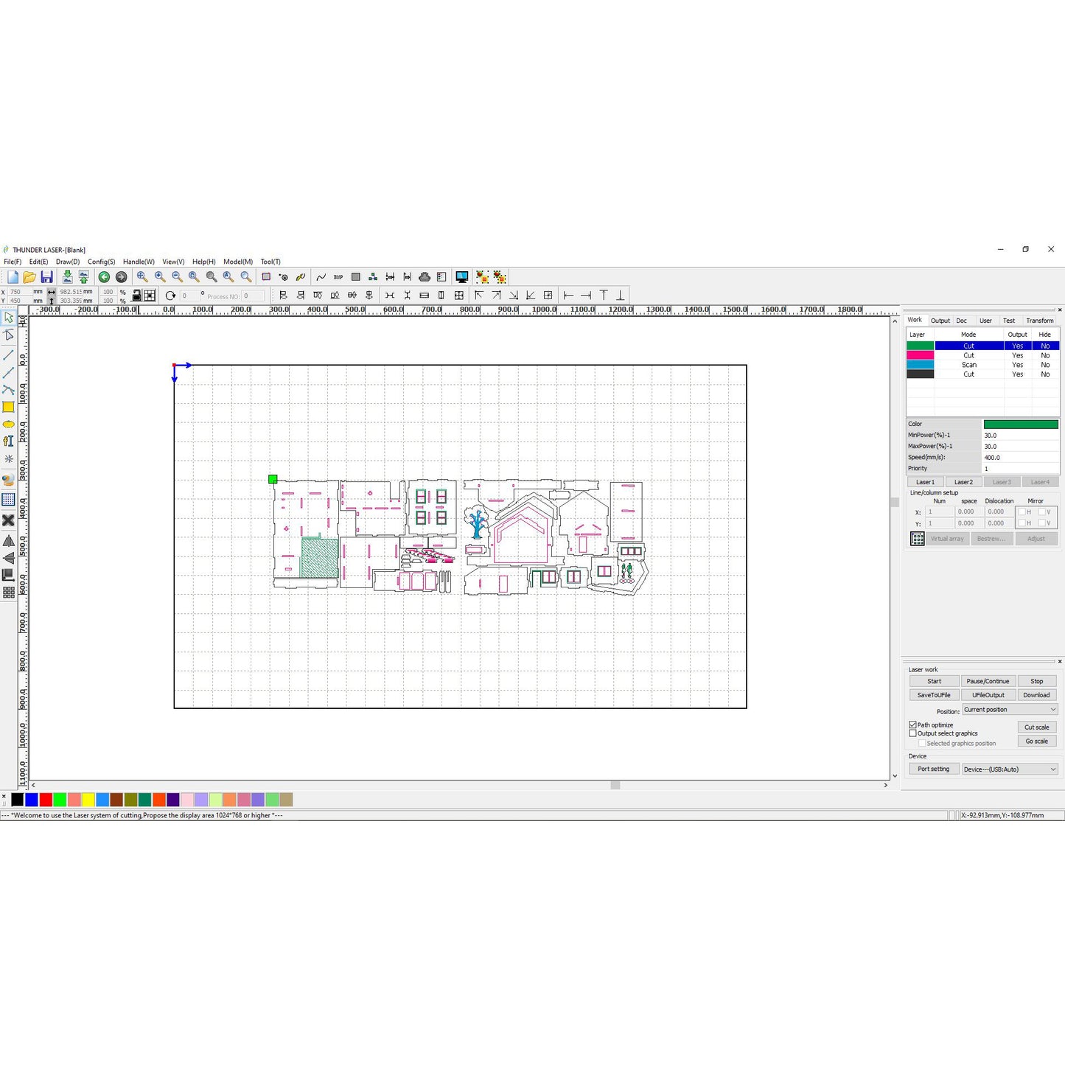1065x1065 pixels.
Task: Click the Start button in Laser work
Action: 934,681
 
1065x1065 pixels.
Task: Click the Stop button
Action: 1036,681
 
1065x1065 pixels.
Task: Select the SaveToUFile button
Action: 934,695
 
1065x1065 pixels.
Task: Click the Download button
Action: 1036,695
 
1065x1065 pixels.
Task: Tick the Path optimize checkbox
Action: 913,725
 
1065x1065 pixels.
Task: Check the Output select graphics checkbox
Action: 913,733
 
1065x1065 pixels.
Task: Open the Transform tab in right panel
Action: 1039,321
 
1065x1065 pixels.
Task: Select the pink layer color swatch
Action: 920,355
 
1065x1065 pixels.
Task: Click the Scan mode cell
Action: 968,365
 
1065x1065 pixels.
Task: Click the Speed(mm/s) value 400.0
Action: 1020,458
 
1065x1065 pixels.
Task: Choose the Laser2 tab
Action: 963,482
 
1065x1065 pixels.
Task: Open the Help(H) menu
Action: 203,262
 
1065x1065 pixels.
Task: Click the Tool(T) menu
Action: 270,262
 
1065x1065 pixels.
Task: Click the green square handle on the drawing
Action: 273,479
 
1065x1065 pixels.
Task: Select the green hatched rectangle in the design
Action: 320,558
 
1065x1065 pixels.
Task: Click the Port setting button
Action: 933,769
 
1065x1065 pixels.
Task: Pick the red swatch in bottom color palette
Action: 46,800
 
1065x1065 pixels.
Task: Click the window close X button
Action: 1050,249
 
